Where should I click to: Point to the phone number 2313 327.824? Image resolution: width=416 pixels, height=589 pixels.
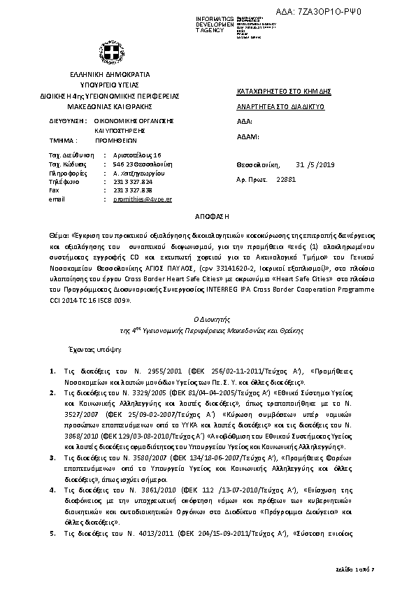132,181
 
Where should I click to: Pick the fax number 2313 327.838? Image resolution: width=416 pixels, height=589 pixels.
132,190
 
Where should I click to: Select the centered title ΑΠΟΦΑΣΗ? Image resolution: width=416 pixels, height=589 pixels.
208,218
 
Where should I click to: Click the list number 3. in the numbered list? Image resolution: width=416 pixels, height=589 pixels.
54,457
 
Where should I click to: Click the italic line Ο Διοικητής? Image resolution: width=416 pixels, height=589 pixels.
208,318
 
